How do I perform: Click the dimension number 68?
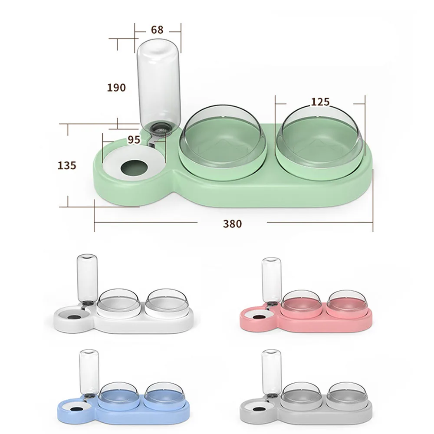click(x=157, y=30)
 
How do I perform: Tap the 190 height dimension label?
click(x=116, y=88)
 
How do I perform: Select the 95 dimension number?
click(x=134, y=140)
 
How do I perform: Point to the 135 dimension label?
click(x=67, y=165)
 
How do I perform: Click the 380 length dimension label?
click(x=233, y=224)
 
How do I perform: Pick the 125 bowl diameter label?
click(x=320, y=102)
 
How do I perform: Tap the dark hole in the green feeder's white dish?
click(x=135, y=167)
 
